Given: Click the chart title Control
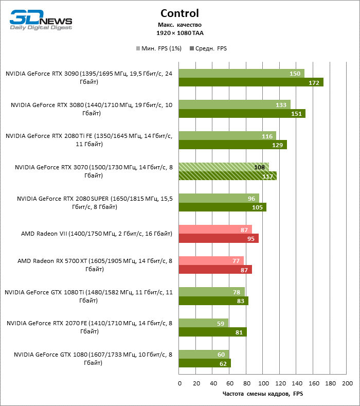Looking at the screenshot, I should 179,13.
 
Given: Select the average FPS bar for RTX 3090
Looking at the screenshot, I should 251,82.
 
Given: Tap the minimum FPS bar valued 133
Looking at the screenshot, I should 235,104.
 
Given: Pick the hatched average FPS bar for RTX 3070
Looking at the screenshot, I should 228,176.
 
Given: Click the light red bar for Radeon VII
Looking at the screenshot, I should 215,230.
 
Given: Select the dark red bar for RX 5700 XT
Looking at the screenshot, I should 215,270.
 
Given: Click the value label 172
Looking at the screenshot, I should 314,82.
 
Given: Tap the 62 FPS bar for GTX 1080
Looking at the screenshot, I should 205,363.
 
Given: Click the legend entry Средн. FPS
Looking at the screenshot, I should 208,49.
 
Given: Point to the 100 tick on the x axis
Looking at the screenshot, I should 263,383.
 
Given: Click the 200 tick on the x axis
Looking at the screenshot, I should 347,383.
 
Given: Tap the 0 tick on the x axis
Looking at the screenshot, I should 179,383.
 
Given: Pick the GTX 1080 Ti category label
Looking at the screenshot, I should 88,296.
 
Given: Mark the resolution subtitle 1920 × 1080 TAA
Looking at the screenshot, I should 179,33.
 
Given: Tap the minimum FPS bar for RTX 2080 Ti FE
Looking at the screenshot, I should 227,136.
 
